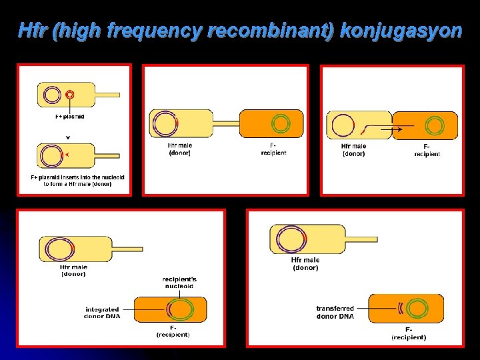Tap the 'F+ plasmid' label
pyautogui.click(x=69, y=116)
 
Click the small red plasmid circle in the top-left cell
pyautogui.click(x=69, y=95)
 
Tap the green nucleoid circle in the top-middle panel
pyautogui.click(x=281, y=123)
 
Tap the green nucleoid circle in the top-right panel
pyautogui.click(x=435, y=125)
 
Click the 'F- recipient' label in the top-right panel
pyautogui.click(x=427, y=150)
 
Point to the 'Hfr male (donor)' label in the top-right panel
pyautogui.click(x=353, y=149)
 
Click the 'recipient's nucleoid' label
pyautogui.click(x=179, y=282)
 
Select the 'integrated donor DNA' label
pyautogui.click(x=102, y=312)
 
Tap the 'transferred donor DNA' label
pyautogui.click(x=335, y=311)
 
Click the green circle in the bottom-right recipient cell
pyautogui.click(x=418, y=308)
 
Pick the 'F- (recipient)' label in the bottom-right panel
pyautogui.click(x=408, y=333)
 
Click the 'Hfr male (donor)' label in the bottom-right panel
pyautogui.click(x=305, y=263)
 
